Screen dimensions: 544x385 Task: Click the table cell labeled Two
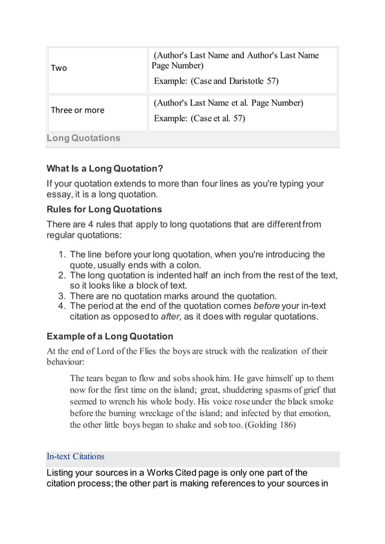(x=59, y=68)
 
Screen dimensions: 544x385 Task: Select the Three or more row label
(x=77, y=110)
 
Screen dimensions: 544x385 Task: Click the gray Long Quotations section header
(x=84, y=138)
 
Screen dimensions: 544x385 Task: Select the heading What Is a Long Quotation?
(x=105, y=167)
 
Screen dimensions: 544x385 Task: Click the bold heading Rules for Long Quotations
(x=104, y=209)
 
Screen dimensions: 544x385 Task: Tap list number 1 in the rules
(x=62, y=254)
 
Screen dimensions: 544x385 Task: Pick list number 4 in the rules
(x=62, y=306)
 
